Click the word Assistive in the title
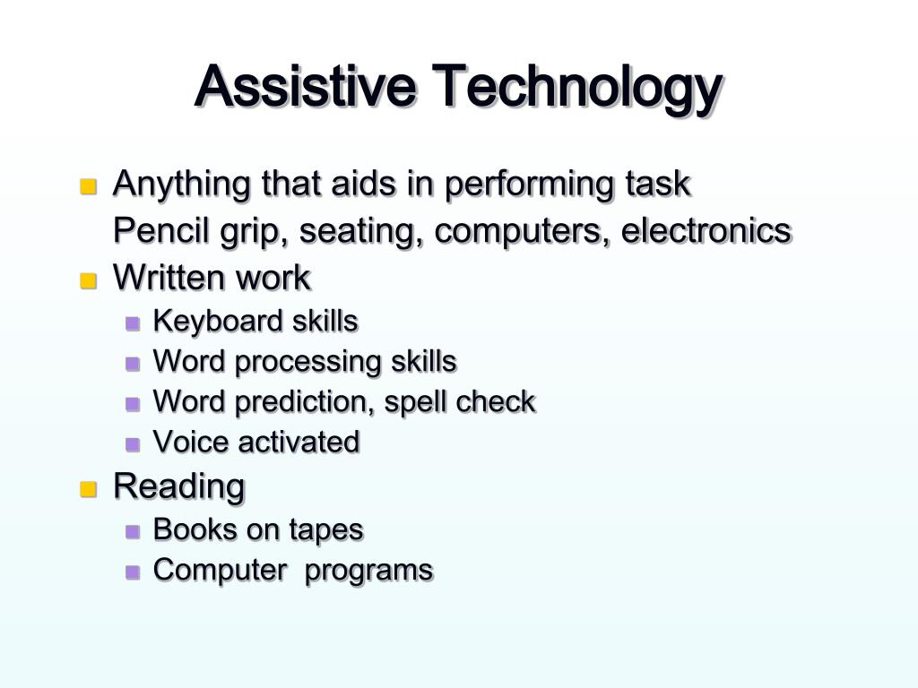click(x=305, y=86)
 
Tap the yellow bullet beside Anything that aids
click(x=88, y=187)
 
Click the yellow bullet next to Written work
click(x=88, y=280)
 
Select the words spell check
click(x=460, y=402)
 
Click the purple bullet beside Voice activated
click(x=134, y=444)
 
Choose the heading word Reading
click(x=178, y=487)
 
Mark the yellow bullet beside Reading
click(x=88, y=490)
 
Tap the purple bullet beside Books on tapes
click(x=134, y=532)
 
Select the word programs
click(x=368, y=571)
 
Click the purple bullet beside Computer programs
click(x=134, y=572)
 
